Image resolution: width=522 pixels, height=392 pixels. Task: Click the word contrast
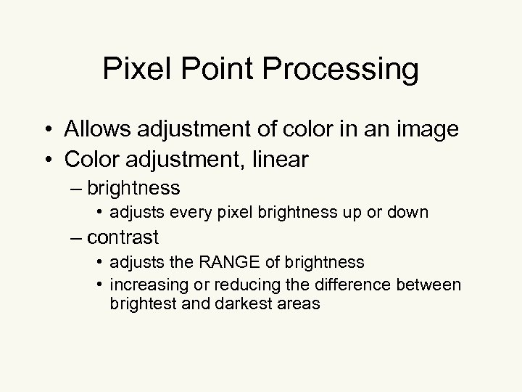(x=133, y=237)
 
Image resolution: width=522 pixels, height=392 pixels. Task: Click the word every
(x=186, y=212)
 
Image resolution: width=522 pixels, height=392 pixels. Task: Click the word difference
(x=339, y=285)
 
